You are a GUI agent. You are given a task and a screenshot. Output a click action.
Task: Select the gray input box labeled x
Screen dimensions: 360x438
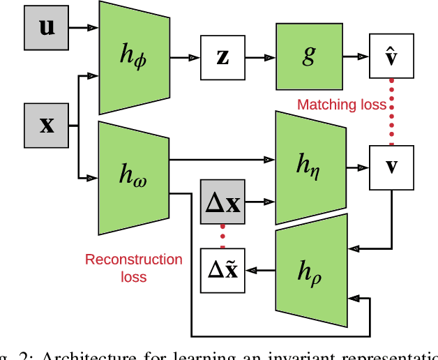click(x=47, y=125)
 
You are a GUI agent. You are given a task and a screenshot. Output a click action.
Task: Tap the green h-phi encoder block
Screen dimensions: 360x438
click(x=134, y=57)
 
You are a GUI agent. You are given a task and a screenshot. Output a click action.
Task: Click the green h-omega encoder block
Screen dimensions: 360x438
click(x=134, y=178)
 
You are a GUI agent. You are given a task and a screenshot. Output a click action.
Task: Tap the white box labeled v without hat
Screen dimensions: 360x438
click(x=393, y=168)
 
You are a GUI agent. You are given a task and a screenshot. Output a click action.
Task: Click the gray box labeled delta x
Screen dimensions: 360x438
click(x=222, y=202)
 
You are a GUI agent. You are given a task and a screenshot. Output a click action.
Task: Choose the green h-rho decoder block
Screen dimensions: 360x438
click(x=310, y=273)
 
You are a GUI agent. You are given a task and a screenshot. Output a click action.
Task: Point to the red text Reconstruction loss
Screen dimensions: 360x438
click(x=133, y=268)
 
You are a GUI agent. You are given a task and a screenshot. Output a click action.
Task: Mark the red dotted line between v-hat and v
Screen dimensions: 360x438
click(x=392, y=112)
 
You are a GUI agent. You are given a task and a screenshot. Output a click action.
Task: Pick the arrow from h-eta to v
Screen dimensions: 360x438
click(x=360, y=168)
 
